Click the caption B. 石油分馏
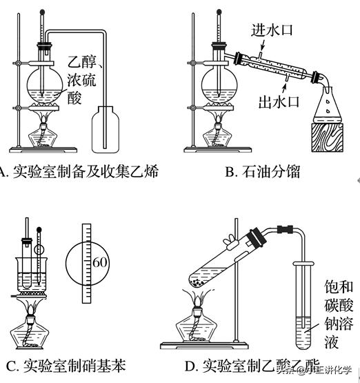coord(263,172)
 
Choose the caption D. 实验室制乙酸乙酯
coord(261,366)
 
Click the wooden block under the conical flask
coord(330,137)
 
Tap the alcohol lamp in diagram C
coord(32,335)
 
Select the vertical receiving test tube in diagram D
coord(303,304)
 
